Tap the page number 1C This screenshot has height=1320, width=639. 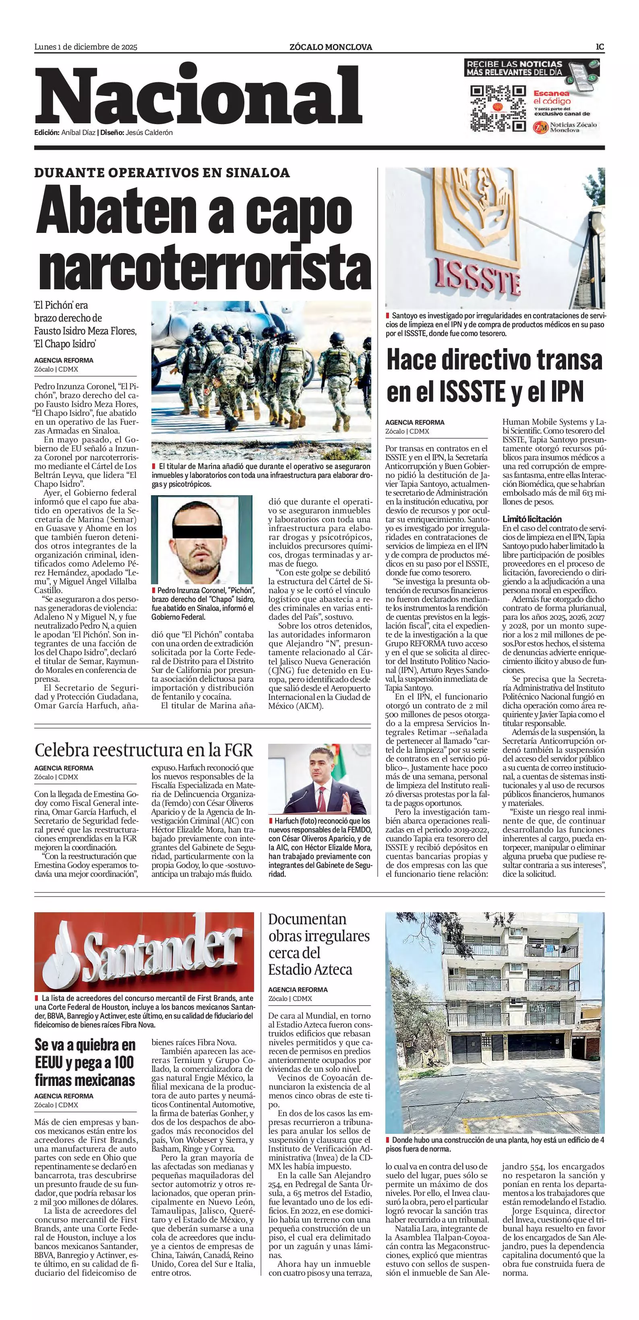coord(600,47)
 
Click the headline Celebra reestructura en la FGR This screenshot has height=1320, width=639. coord(144,750)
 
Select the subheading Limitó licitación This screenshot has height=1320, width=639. coord(531,519)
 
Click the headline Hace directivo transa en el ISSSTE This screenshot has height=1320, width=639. coord(494,376)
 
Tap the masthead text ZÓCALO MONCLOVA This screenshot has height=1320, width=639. coord(330,47)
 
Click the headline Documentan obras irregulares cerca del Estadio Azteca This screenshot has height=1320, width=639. coord(318,944)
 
